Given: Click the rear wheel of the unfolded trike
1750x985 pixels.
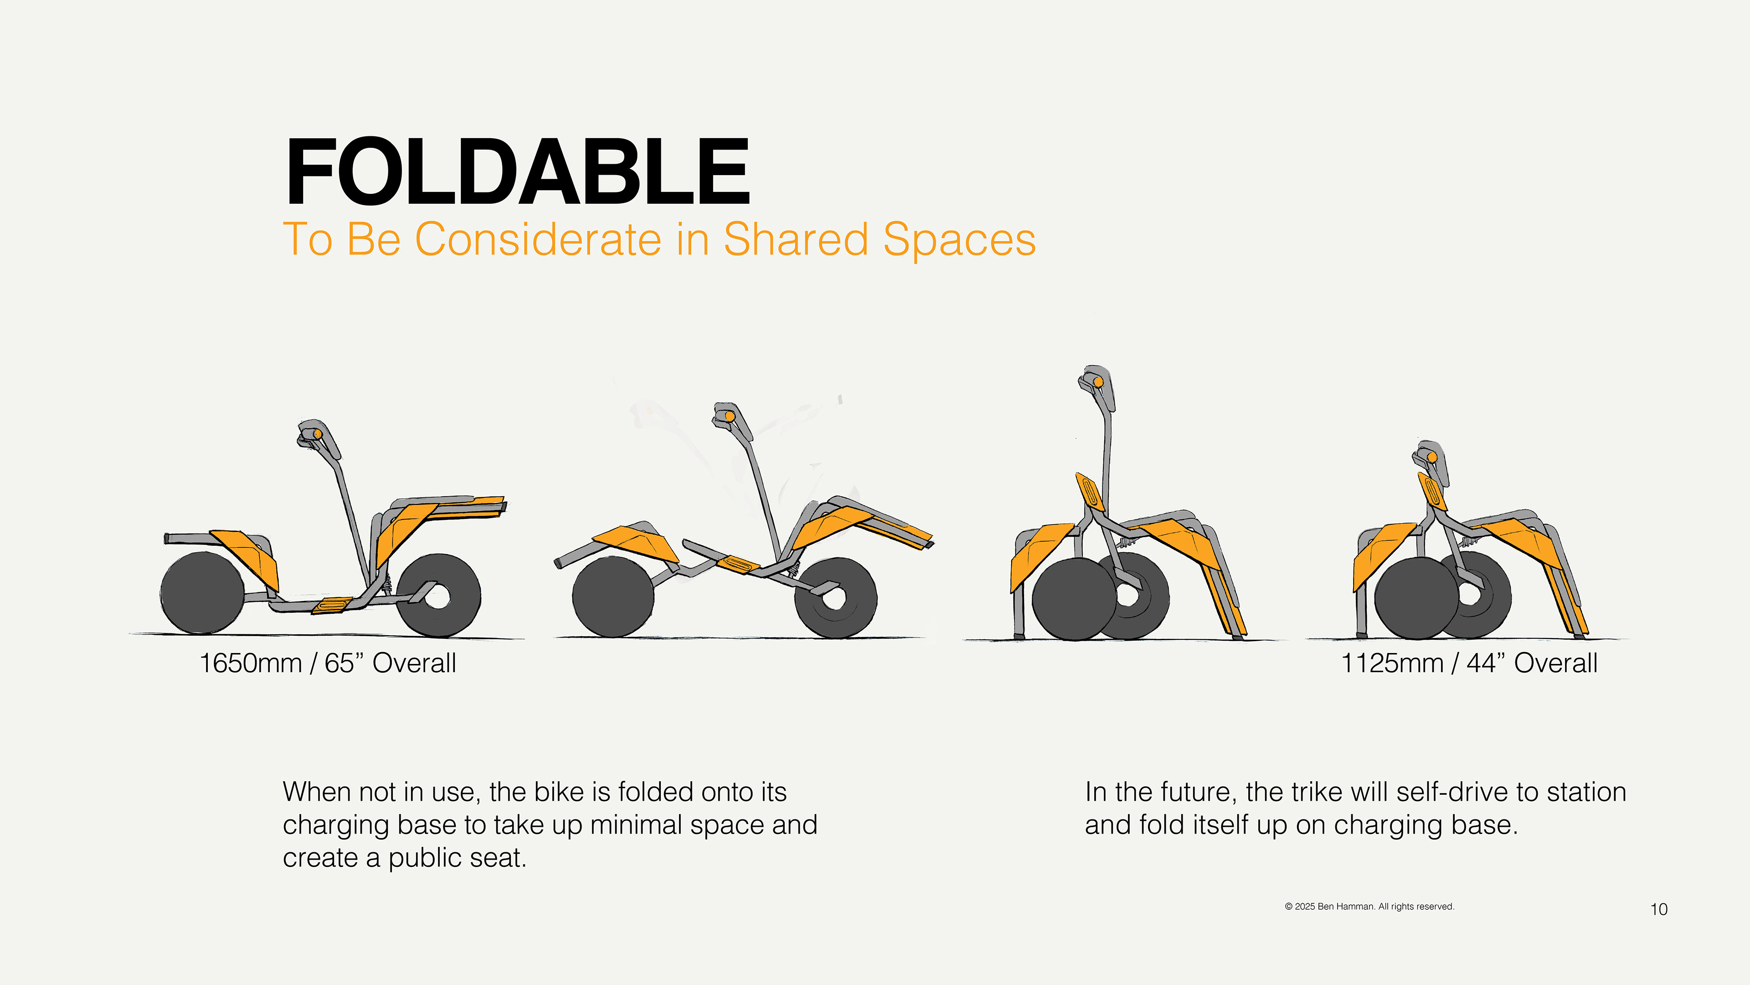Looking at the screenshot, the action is tap(202, 593).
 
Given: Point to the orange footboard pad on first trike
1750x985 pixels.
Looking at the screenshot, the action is tap(332, 605).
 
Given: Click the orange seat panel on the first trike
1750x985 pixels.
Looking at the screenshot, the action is tap(246, 557).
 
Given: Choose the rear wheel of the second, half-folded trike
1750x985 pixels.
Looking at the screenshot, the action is tap(613, 597).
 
